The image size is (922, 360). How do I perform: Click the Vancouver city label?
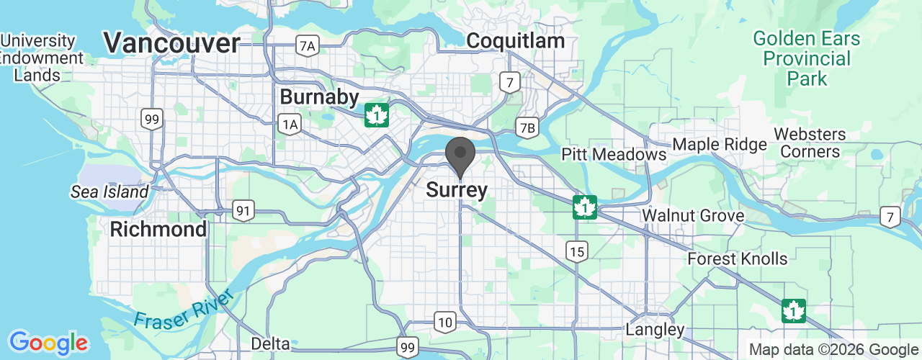[x=171, y=43]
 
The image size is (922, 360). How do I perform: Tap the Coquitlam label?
[x=515, y=41]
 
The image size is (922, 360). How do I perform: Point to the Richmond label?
[x=158, y=230]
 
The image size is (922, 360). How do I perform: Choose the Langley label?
[x=654, y=330]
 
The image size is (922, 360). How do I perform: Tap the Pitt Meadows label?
[x=614, y=154]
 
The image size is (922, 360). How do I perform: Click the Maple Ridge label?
[x=720, y=145]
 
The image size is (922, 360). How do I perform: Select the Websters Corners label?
[x=810, y=143]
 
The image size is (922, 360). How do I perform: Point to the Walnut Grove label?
[x=693, y=215]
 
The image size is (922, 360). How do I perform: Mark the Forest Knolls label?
[x=738, y=258]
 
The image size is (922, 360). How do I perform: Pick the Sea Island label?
[x=109, y=192]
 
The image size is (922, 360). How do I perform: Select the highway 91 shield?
[x=244, y=211]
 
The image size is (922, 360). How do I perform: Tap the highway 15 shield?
[x=577, y=251]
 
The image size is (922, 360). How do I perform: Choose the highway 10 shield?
[x=445, y=322]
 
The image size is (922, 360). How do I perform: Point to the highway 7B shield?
[x=527, y=128]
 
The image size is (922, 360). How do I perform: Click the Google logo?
[x=48, y=343]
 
